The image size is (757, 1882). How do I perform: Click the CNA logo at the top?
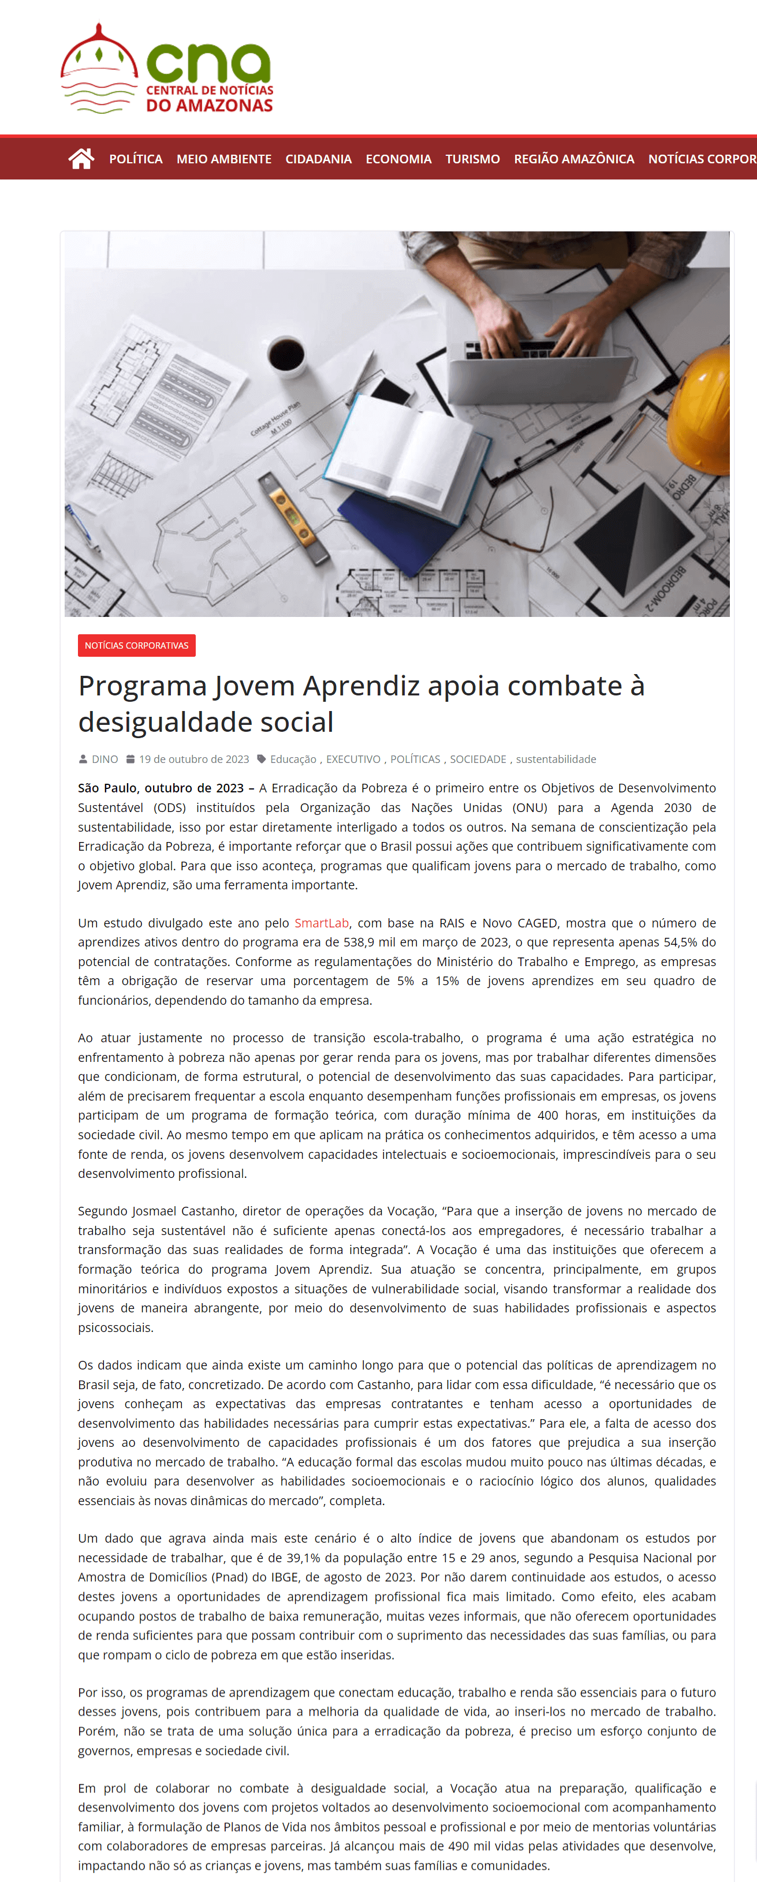167,69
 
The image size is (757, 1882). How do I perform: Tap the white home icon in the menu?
81,159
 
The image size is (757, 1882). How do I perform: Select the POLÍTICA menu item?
136,159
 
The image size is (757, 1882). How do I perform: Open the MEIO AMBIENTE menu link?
223,159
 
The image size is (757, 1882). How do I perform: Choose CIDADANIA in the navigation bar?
319,159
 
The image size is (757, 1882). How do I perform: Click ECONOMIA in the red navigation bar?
398,159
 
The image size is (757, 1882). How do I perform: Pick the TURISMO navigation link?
473,159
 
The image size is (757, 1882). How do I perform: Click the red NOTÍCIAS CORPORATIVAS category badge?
137,645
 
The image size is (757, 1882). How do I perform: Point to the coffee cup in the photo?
286,354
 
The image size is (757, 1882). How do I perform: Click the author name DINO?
105,759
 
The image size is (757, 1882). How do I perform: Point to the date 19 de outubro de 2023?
193,759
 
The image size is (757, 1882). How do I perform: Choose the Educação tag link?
293,759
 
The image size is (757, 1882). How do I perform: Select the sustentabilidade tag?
555,759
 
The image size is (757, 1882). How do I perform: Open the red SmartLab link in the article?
322,923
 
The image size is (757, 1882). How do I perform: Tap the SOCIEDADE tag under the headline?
478,759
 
